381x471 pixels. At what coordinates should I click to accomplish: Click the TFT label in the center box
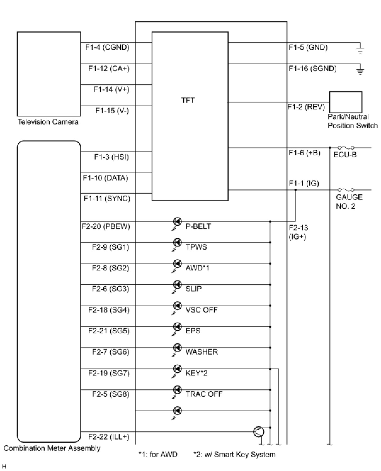pos(188,100)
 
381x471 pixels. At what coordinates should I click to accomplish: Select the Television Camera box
pos(49,74)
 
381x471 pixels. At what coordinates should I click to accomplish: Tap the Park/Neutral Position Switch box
pos(345,102)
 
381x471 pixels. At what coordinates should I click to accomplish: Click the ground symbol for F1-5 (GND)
pos(360,49)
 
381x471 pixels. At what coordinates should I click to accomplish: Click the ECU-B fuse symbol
pos(346,147)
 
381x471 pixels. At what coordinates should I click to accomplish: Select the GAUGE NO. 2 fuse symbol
pos(346,190)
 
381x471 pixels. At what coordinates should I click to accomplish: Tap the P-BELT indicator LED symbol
pos(178,222)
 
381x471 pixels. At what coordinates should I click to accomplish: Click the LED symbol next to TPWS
pos(178,243)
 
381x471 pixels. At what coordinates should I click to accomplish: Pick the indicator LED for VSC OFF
pos(178,306)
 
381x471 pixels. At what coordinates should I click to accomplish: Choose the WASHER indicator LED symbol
pos(178,348)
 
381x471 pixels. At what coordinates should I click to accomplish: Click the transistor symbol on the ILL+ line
pos(259,432)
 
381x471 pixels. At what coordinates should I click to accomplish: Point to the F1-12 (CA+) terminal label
pos(109,69)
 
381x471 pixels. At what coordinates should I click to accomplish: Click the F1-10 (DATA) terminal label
pos(105,178)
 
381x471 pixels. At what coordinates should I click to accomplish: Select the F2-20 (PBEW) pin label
pos(106,226)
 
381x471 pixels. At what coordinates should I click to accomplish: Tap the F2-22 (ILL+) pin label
pos(109,437)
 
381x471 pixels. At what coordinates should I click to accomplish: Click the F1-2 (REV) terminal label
pos(306,107)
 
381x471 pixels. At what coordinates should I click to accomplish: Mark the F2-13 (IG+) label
pos(298,232)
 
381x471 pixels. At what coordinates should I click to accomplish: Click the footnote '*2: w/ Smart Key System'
pos(235,454)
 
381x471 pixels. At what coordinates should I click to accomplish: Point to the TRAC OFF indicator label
pos(204,394)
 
